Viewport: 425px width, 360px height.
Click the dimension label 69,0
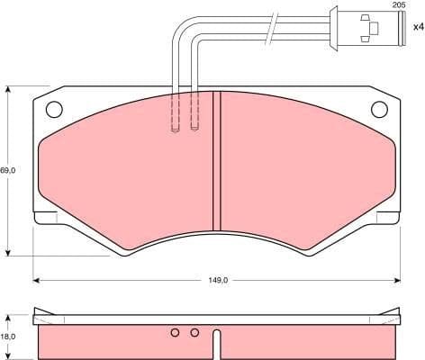tap(9, 168)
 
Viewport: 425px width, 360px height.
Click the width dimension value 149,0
tap(219, 280)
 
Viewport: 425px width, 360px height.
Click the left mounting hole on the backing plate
tap(52, 110)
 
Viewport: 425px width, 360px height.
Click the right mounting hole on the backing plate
tap(381, 110)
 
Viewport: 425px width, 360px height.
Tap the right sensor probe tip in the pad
tap(194, 129)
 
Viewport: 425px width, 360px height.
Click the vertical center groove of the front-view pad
tap(216, 162)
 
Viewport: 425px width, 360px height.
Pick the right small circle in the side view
tap(194, 333)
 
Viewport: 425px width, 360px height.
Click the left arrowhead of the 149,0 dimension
tap(38, 280)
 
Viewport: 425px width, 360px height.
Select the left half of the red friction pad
tap(126, 171)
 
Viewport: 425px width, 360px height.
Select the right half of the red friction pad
tap(306, 171)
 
